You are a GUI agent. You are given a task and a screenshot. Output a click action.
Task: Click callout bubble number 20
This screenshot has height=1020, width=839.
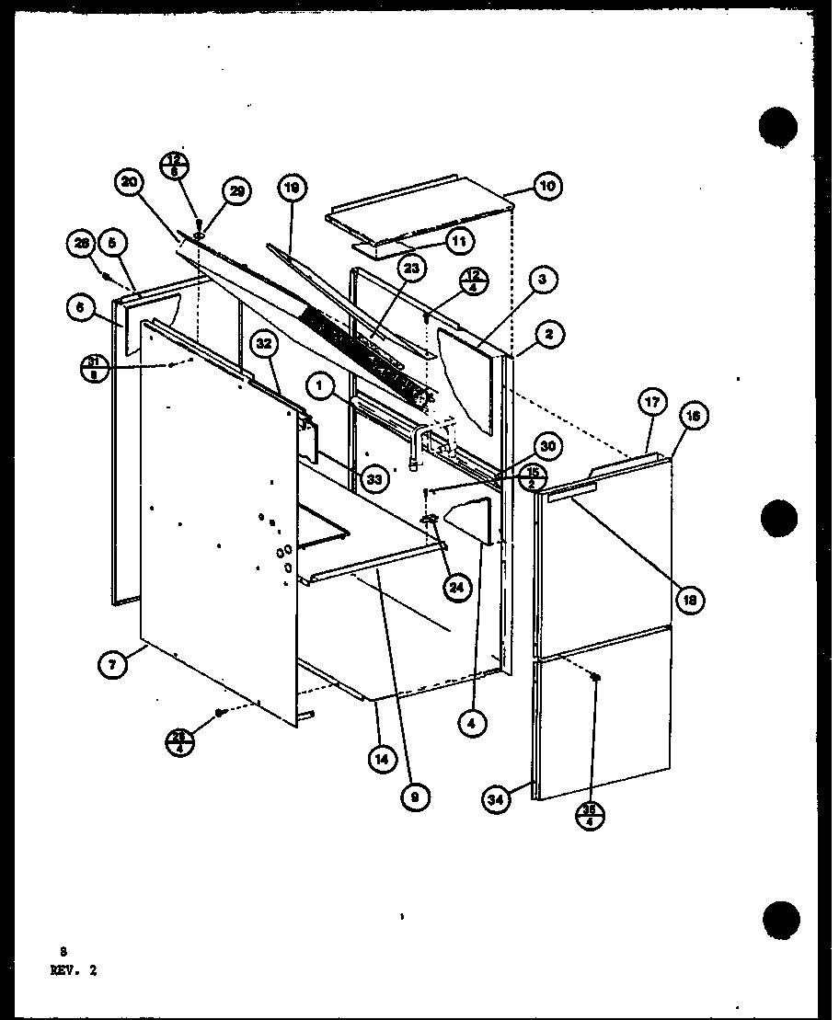pos(130,184)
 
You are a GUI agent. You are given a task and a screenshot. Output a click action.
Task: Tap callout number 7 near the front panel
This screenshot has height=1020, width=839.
pos(111,664)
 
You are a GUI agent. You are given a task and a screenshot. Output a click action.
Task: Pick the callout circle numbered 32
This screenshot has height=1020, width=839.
pos(263,346)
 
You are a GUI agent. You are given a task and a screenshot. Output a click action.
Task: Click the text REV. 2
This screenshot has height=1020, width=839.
pos(75,968)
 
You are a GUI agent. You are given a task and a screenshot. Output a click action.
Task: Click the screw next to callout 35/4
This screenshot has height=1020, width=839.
pos(596,679)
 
